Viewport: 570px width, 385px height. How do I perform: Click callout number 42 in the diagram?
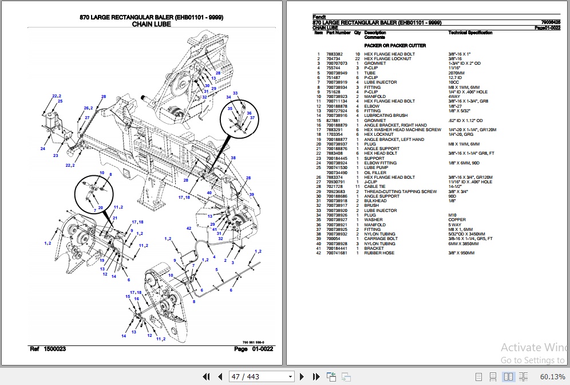189,229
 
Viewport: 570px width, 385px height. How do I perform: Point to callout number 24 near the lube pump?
42,149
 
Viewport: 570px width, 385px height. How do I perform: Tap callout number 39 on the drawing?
251,195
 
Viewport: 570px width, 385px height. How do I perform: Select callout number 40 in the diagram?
210,192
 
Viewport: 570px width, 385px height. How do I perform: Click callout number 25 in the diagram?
59,101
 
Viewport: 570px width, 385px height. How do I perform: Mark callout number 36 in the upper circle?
249,113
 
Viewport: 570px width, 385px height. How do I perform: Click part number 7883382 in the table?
334,54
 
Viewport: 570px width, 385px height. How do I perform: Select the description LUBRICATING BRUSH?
386,116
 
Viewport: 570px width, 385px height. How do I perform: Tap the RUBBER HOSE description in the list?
379,253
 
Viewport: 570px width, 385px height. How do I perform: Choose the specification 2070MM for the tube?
457,73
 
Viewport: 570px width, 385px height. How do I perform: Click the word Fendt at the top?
319,17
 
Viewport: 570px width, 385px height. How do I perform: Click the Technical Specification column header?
470,33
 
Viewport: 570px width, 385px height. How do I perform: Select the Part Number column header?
338,33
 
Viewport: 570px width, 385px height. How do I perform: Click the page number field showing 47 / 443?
261,376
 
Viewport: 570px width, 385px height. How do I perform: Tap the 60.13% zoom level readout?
552,376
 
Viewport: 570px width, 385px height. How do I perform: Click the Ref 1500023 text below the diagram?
47,349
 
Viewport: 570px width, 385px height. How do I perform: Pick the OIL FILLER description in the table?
375,172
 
